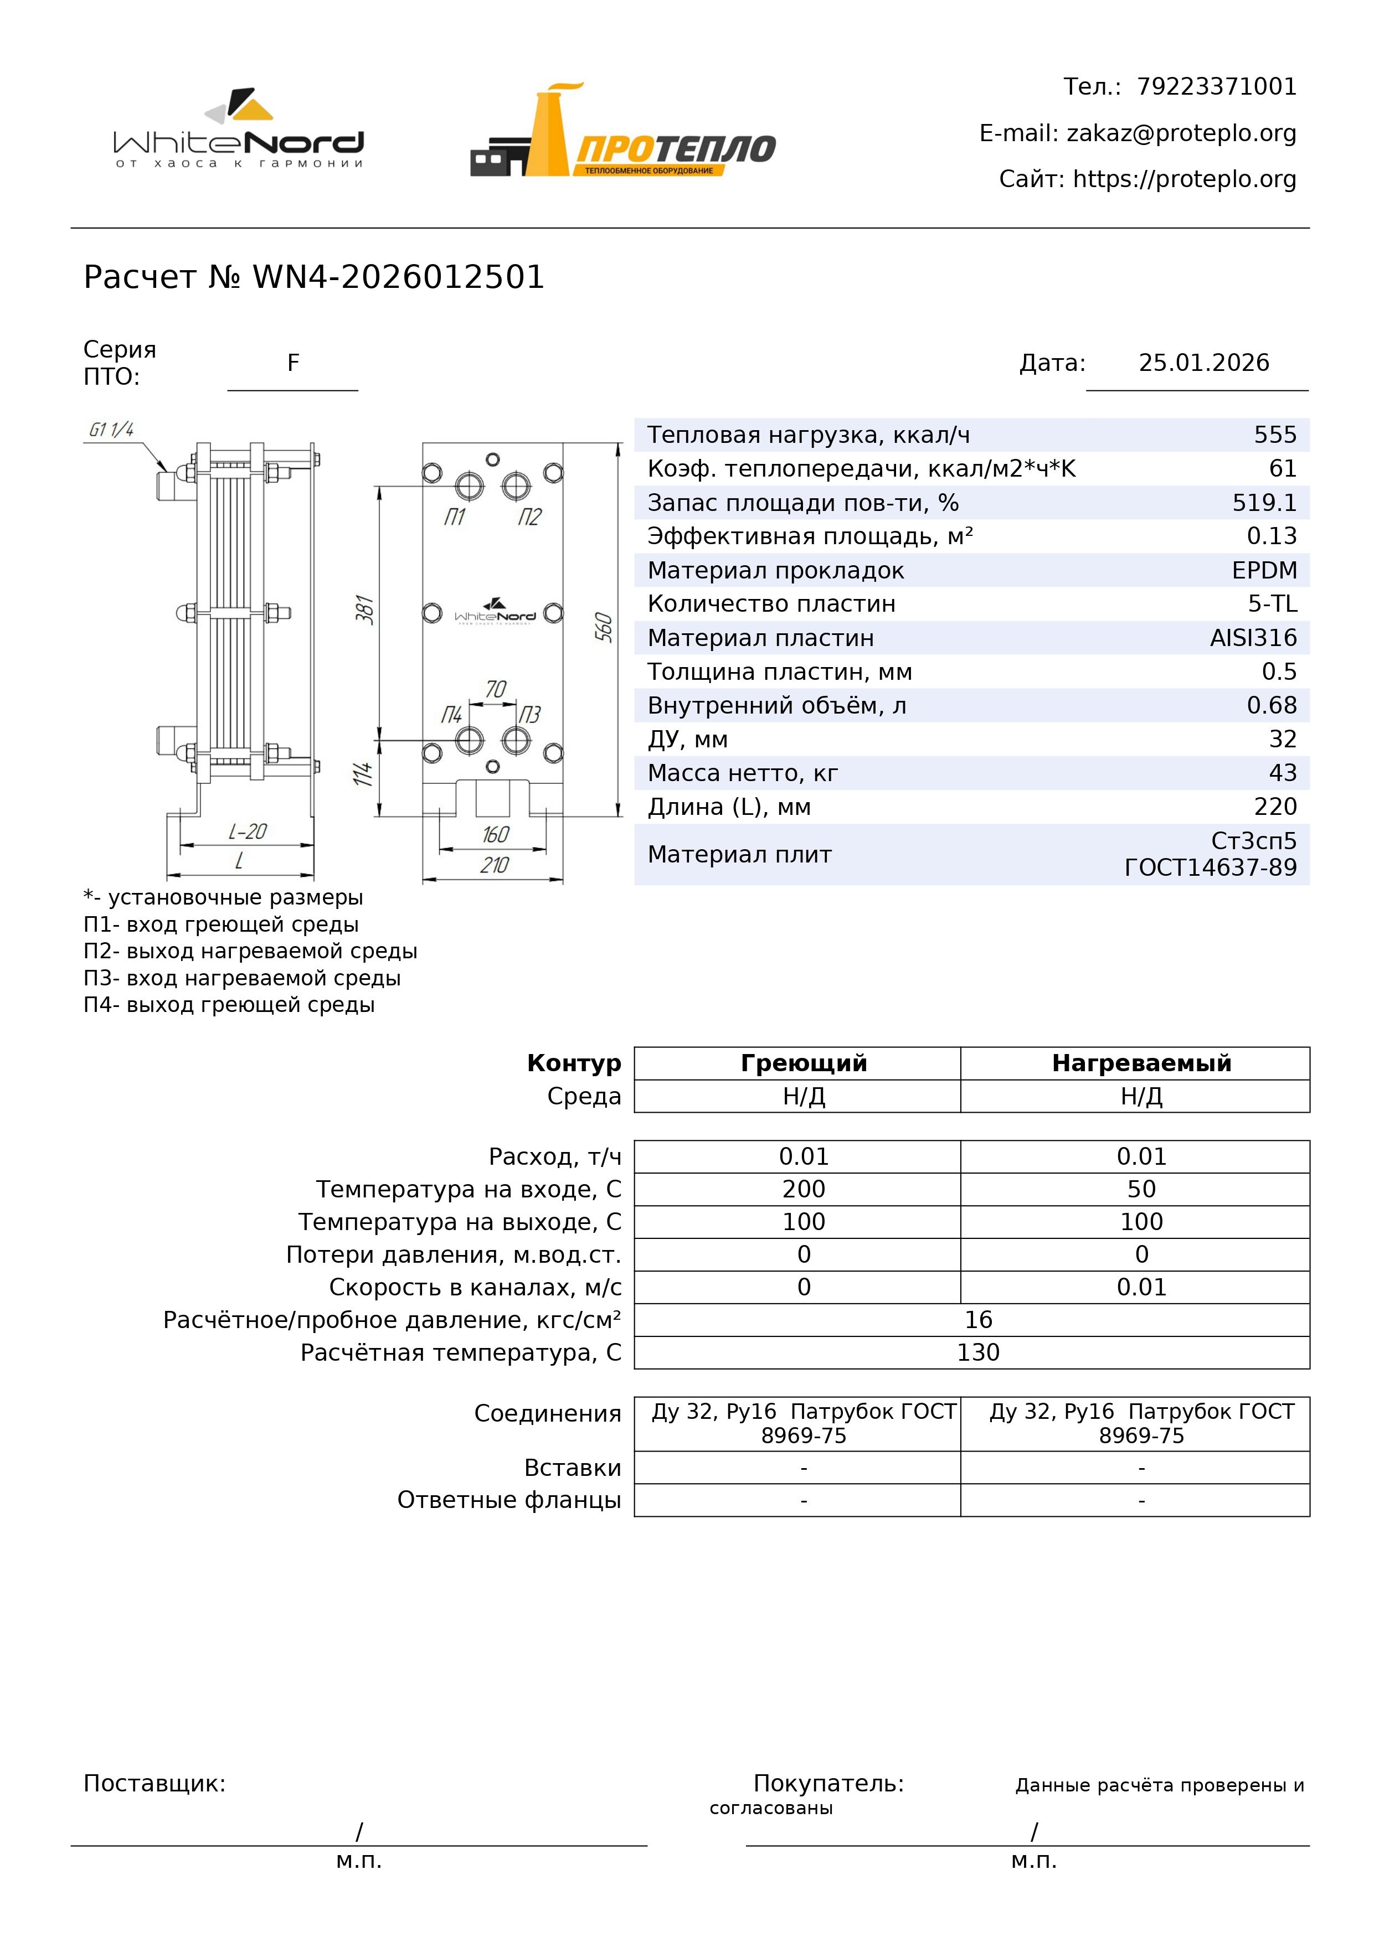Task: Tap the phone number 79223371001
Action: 1216,87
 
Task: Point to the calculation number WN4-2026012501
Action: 399,277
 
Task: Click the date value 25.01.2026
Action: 1203,363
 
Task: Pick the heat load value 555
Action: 1275,435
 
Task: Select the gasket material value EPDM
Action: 1264,570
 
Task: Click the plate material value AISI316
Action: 1253,638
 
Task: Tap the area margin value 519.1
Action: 1264,503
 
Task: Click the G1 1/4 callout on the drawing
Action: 112,430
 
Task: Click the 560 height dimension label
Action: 603,628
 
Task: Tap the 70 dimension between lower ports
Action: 496,689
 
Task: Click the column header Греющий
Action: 804,1063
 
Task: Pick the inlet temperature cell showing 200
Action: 804,1189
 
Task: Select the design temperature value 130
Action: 978,1352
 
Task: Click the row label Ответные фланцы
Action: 510,1500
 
